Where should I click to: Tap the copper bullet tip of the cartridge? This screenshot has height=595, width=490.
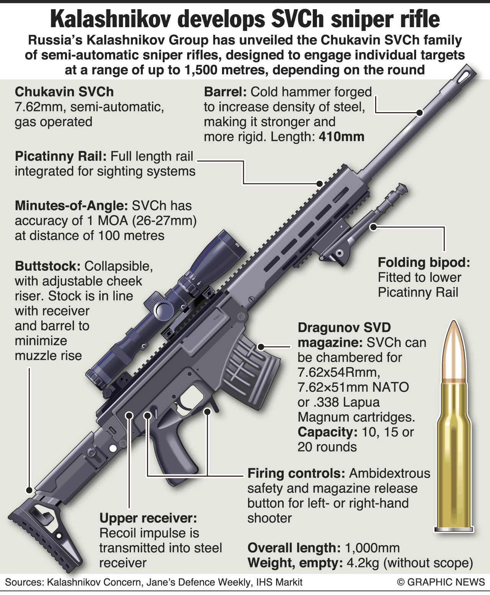pos(453,350)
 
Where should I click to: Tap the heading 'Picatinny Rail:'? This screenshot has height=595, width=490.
pos(61,157)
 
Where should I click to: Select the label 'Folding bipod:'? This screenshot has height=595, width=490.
pos(424,262)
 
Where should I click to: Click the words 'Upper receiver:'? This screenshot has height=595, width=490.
pos(148,518)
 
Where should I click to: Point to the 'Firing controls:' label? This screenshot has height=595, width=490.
pos(296,473)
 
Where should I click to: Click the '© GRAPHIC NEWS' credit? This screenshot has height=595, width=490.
pos(441,582)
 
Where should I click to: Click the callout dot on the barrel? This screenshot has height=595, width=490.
pos(419,113)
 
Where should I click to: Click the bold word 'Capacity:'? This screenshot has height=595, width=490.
pos(327,432)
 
